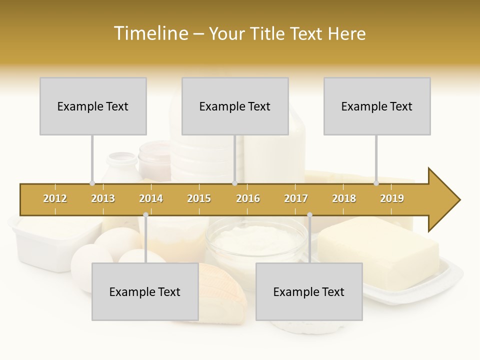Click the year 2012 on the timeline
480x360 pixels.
click(55, 198)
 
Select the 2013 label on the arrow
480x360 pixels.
click(103, 198)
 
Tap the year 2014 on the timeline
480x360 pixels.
click(151, 198)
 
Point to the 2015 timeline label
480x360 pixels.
click(199, 198)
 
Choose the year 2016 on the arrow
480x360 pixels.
click(248, 198)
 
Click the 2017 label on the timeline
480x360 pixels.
click(296, 198)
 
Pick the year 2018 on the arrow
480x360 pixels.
click(344, 198)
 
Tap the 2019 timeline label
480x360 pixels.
click(392, 198)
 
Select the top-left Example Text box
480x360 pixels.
click(93, 106)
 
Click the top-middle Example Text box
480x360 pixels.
click(235, 106)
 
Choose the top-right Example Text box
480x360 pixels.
click(377, 106)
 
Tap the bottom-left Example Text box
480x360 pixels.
click(145, 292)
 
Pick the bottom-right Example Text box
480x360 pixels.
click(309, 292)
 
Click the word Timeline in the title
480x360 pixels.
click(150, 33)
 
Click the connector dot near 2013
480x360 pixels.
click(92, 183)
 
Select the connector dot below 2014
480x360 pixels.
click(145, 215)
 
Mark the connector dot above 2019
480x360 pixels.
click(376, 183)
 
